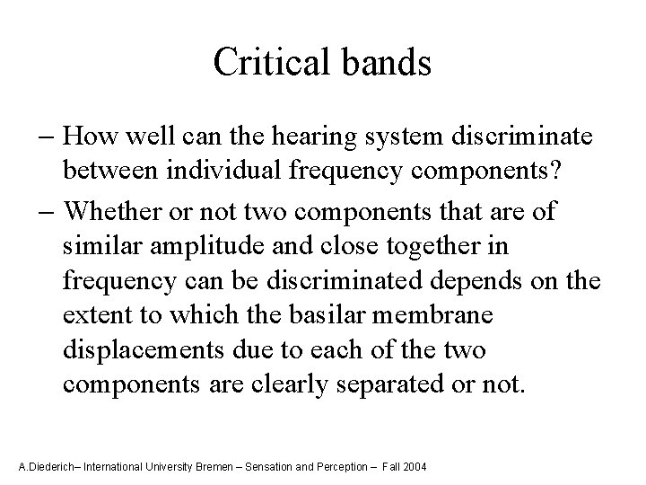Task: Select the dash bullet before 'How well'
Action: (50, 137)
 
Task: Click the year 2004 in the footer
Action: (415, 468)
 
